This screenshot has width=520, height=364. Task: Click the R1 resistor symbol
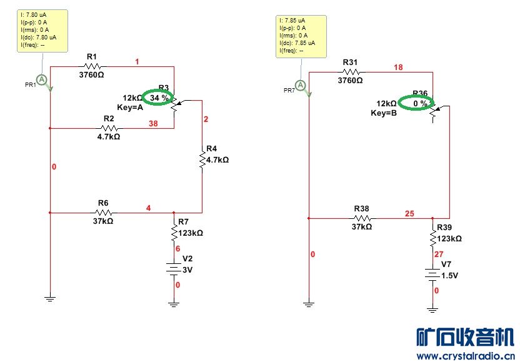pos(93,66)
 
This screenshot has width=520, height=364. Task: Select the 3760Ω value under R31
pos(350,80)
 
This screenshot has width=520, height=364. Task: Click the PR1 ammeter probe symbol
pos(41,79)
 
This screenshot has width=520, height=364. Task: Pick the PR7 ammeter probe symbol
pos(301,85)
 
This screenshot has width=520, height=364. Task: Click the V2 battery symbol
pos(174,268)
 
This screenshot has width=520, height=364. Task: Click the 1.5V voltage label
pos(450,276)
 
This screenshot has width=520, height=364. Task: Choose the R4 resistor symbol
pos(202,159)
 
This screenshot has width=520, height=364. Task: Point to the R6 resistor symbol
pos(103,213)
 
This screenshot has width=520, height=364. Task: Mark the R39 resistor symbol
pos(432,238)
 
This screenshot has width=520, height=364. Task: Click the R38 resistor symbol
pos(362,218)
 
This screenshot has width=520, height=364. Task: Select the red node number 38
pos(152,124)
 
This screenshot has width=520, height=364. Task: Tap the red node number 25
pos(409,214)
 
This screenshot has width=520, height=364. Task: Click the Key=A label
pos(130,107)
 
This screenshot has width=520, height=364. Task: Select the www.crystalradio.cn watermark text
pos(465,356)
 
